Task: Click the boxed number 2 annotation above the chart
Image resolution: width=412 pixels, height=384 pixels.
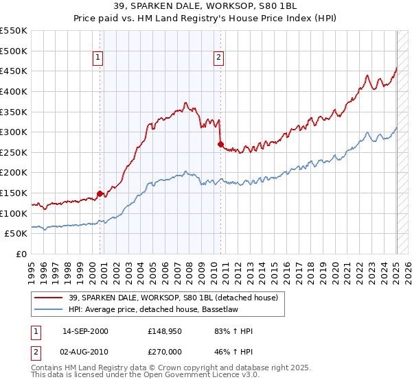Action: point(218,58)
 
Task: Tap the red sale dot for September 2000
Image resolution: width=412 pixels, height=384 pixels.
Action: point(100,193)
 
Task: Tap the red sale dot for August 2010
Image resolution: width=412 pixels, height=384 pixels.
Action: point(220,144)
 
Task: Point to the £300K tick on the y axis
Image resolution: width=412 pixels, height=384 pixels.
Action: point(14,132)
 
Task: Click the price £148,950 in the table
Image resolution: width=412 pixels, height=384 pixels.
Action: point(163,331)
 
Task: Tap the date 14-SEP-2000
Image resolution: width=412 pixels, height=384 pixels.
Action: point(84,331)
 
